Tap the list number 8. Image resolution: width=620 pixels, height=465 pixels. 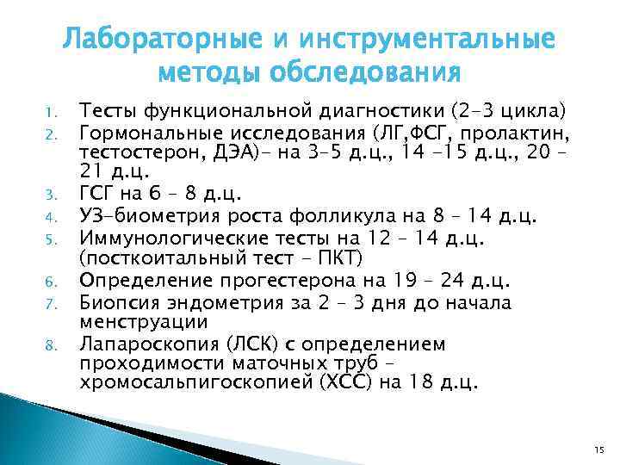pyautogui.click(x=51, y=345)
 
